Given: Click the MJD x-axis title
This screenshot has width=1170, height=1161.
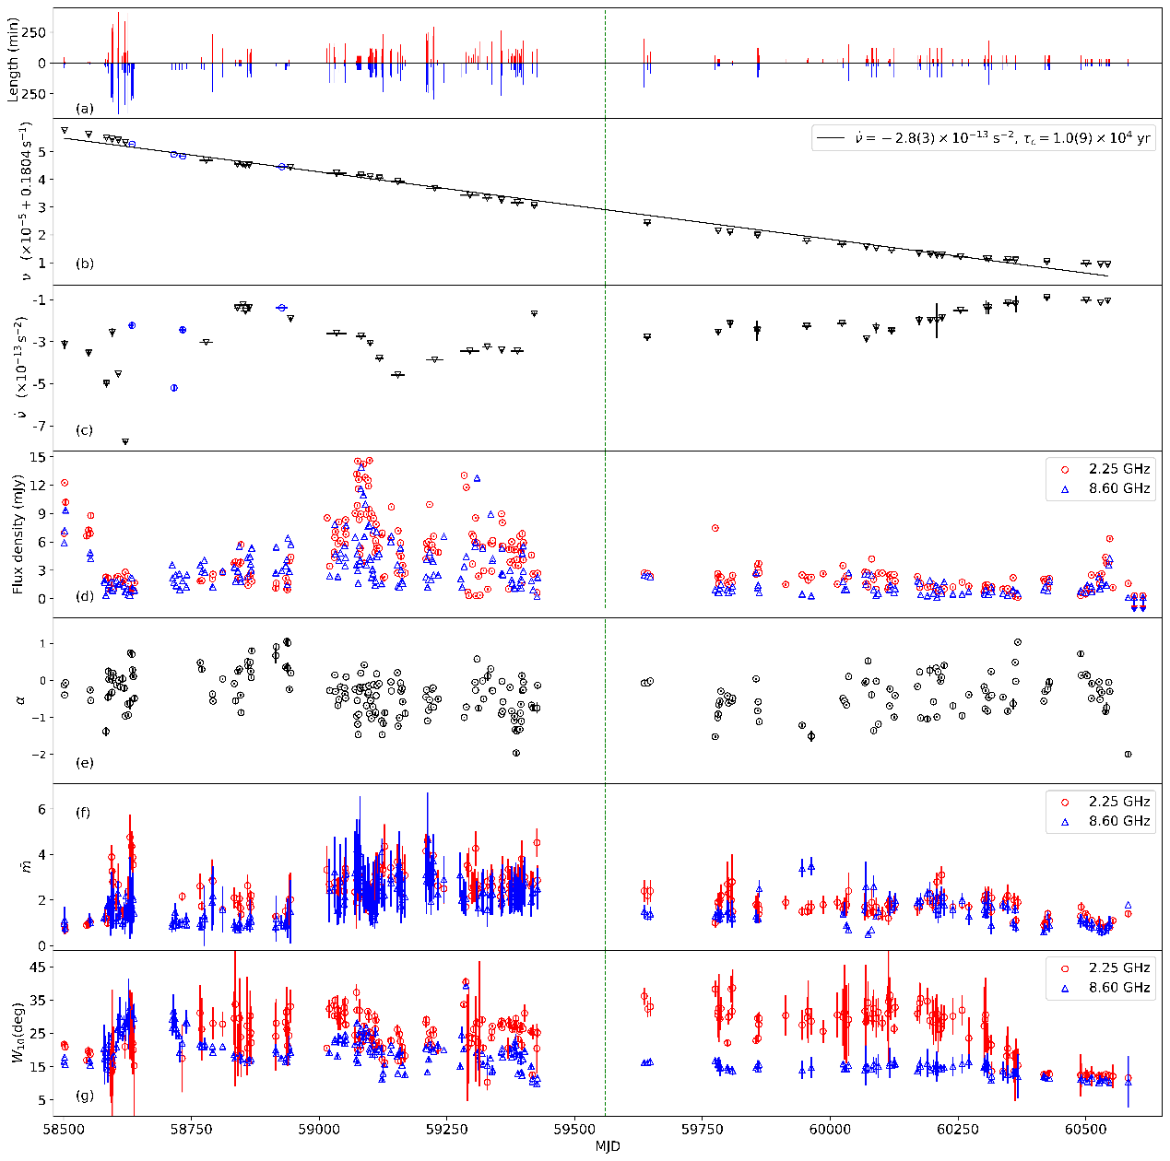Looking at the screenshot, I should [x=607, y=1147].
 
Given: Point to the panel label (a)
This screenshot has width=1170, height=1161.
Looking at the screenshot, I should [x=85, y=109].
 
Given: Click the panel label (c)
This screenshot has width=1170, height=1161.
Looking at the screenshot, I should [x=85, y=429].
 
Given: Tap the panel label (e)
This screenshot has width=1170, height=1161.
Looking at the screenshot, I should [x=85, y=762].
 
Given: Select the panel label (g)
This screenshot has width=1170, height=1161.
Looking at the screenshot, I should [x=85, y=1095].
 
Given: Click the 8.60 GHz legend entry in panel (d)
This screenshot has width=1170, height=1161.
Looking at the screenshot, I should [x=1118, y=488].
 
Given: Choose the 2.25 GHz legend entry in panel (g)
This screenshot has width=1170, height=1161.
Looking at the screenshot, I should [x=1118, y=967].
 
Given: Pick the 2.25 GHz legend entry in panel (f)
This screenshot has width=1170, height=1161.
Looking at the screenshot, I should [x=1118, y=802].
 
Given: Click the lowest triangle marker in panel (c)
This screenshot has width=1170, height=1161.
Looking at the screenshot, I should [x=125, y=442].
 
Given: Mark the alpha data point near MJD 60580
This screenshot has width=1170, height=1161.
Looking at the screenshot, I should [x=1128, y=755].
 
